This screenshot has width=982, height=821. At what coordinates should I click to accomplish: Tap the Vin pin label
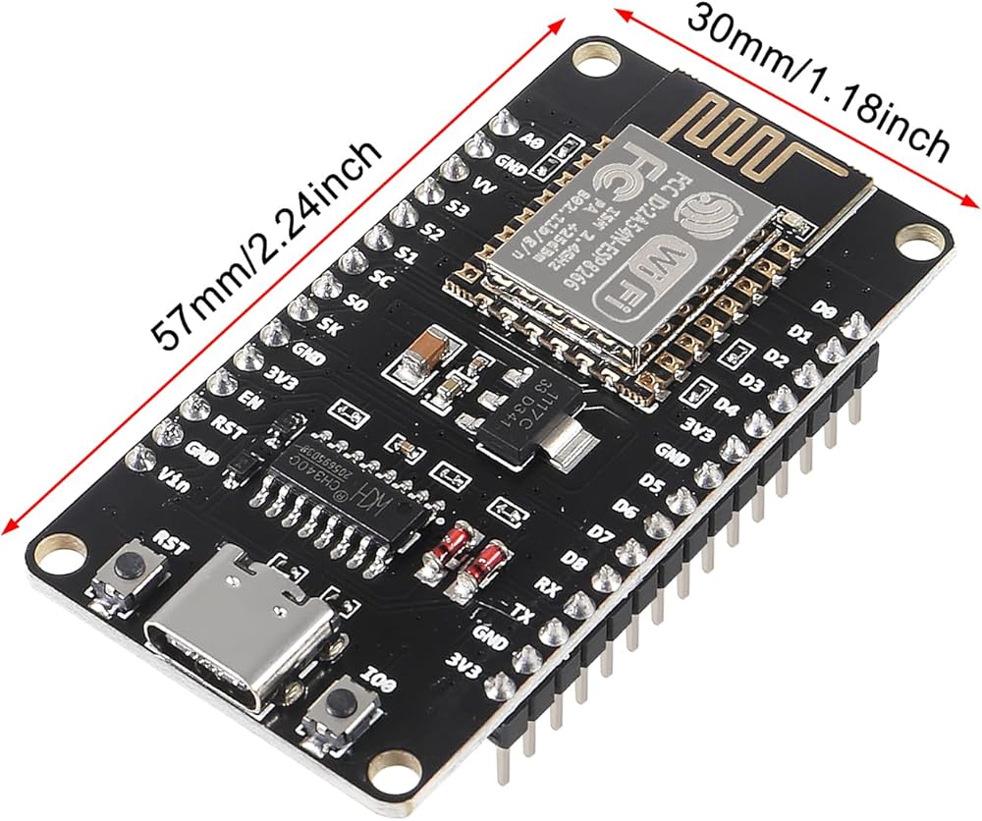pyautogui.click(x=174, y=478)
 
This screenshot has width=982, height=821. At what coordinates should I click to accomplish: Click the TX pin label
pyautogui.click(x=525, y=614)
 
